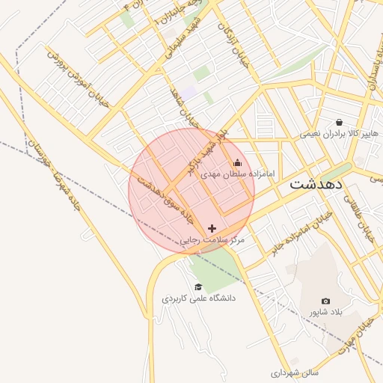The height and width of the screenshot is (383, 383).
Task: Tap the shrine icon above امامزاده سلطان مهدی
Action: (238, 163)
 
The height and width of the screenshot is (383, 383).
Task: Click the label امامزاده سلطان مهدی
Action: (238, 174)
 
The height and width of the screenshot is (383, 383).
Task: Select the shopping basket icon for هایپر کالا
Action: (340, 123)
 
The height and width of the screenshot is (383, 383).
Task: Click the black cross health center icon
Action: (212, 228)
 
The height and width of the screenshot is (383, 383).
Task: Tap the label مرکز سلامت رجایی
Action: (213, 240)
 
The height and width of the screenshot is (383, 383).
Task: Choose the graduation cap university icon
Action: (198, 287)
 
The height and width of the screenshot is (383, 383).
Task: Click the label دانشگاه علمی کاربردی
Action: (199, 298)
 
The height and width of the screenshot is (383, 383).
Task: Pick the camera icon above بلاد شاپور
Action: (325, 301)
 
